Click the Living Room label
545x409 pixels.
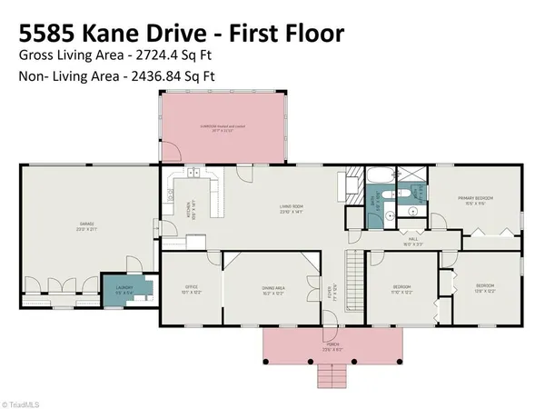(x=291, y=208)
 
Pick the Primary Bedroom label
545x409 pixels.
(x=476, y=199)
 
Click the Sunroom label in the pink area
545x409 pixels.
(x=223, y=127)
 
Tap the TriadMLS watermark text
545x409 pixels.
(x=22, y=400)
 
